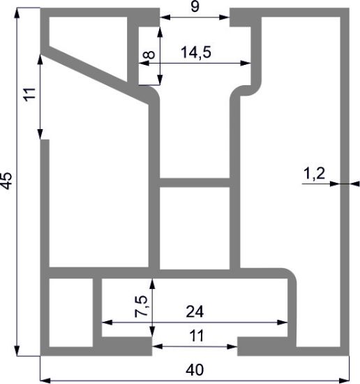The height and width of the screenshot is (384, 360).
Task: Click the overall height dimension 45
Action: pyautogui.click(x=6, y=181)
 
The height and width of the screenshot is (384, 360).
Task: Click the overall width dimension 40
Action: pyautogui.click(x=195, y=370)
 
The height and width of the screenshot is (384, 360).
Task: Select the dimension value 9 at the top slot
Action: pyautogui.click(x=195, y=6)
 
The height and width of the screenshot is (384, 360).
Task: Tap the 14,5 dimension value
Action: pyautogui.click(x=196, y=52)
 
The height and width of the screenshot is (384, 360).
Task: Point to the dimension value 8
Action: pyautogui.click(x=149, y=54)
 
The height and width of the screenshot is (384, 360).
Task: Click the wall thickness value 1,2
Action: pyautogui.click(x=314, y=174)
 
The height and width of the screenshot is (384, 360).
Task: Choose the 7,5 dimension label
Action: pyautogui.click(x=141, y=306)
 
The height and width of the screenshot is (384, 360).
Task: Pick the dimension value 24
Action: pyautogui.click(x=195, y=312)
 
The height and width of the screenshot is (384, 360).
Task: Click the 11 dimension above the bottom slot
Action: pyautogui.click(x=197, y=336)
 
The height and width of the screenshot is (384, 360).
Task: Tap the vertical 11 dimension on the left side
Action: pyautogui.click(x=29, y=94)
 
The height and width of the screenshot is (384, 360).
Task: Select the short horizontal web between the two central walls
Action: pyautogui.click(x=195, y=183)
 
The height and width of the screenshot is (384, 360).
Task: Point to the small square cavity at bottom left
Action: pyautogui.click(x=71, y=313)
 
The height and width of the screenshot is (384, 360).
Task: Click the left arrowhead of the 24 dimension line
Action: pyautogui.click(x=107, y=323)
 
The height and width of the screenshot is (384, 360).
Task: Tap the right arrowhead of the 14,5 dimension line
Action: pyautogui.click(x=246, y=63)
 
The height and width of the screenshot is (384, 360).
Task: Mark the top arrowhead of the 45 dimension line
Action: pyautogui.click(x=17, y=13)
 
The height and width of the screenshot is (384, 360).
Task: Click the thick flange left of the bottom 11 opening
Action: pyautogui.click(x=127, y=346)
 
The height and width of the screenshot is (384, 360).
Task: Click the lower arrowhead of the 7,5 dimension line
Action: pyautogui.click(x=152, y=332)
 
